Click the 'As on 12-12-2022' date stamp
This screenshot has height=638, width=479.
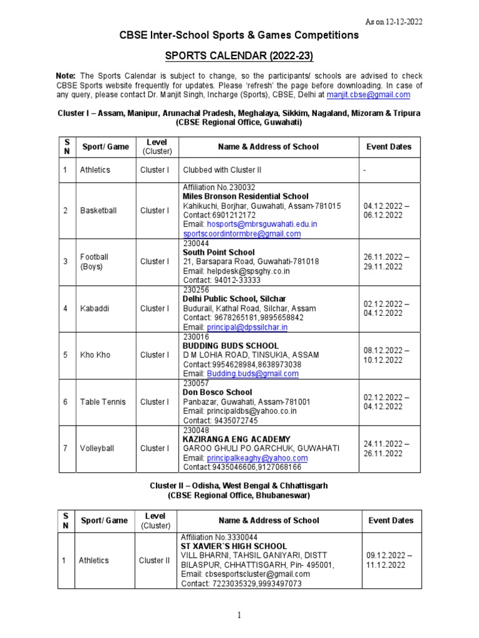(394, 22)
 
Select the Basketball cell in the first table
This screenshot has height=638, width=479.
(98, 211)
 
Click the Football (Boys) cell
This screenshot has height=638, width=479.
(94, 262)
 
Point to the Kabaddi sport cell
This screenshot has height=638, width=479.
(94, 308)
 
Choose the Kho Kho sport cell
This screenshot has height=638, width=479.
(95, 355)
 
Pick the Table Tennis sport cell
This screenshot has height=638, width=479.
(102, 402)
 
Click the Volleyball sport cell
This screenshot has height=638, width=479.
(97, 448)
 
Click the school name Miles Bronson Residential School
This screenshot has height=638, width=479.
(245, 196)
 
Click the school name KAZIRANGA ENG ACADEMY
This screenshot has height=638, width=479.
(236, 439)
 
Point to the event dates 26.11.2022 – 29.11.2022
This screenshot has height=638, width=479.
(386, 262)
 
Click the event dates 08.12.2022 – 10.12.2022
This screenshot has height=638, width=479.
(386, 355)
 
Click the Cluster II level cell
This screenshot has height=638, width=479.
(154, 560)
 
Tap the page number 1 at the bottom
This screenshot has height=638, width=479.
(239, 616)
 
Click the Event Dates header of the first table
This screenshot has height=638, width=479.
(389, 147)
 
